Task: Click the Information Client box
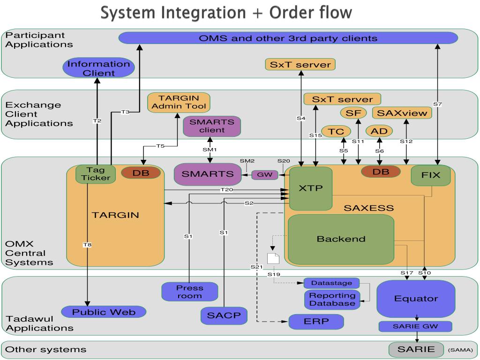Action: tap(98, 68)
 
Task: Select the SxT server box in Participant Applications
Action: tap(300, 65)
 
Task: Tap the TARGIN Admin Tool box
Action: tap(179, 102)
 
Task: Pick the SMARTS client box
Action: tap(212, 126)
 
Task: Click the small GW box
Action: tap(265, 175)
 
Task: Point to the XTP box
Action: tap(310, 188)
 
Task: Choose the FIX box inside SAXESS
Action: tap(431, 175)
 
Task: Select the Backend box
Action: tap(341, 239)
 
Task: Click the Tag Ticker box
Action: tap(96, 174)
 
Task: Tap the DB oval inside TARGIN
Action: tap(141, 172)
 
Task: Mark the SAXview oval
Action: tap(402, 113)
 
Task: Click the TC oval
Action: tap(336, 132)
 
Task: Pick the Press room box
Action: tap(190, 292)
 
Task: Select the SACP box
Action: tap(224, 315)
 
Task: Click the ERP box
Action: tap(316, 322)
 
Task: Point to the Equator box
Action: tap(416, 299)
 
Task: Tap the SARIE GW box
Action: tap(415, 326)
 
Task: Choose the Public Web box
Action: tap(104, 312)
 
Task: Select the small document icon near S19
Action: tap(273, 258)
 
